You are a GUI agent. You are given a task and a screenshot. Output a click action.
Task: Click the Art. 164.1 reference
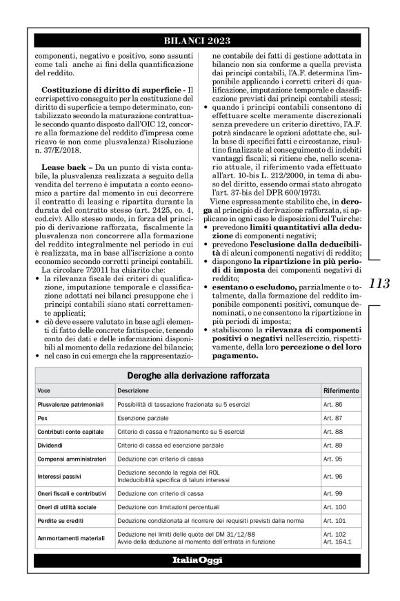click(337, 542)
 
